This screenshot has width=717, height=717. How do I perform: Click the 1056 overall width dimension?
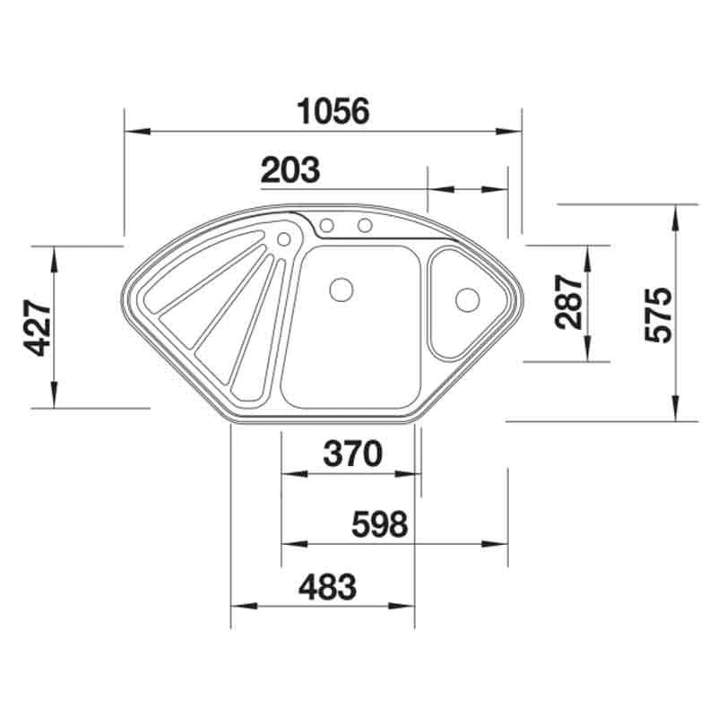click(333, 110)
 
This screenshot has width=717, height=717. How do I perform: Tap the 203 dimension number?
click(290, 169)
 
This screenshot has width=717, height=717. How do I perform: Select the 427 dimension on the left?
click(37, 327)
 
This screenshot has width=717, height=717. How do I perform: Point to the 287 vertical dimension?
click(568, 302)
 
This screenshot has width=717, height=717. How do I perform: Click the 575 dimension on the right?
click(659, 315)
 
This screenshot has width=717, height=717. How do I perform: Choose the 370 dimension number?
click(352, 454)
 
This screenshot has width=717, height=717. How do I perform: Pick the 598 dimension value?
click(379, 524)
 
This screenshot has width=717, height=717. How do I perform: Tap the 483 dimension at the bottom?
click(327, 587)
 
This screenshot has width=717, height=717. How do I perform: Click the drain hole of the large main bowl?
click(341, 289)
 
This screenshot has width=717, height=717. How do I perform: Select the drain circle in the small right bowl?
click(467, 300)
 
